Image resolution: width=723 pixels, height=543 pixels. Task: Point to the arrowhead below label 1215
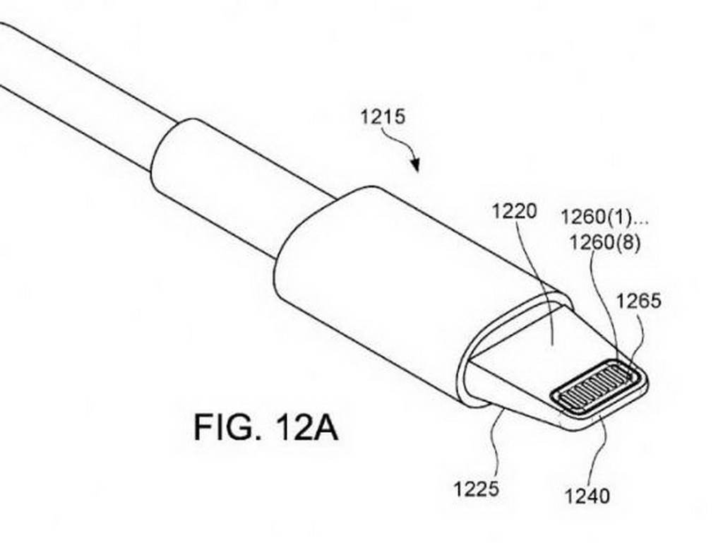[417, 167]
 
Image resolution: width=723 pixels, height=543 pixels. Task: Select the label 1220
[515, 210]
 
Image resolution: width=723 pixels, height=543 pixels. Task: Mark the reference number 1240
[587, 496]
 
